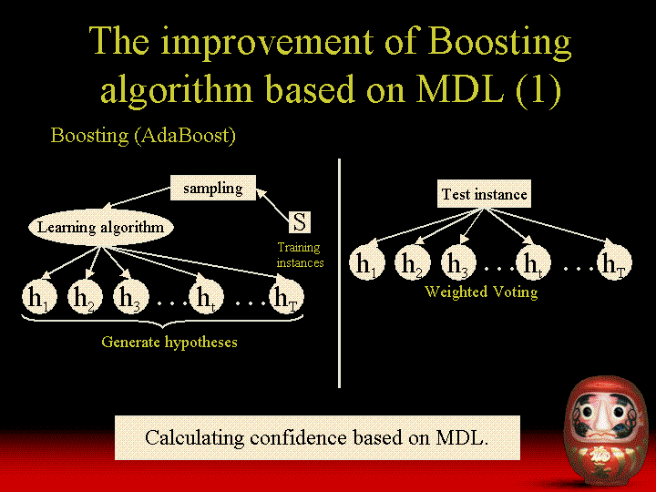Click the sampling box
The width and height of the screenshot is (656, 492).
(213, 188)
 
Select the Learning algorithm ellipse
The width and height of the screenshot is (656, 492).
(101, 227)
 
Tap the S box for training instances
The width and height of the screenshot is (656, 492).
(300, 221)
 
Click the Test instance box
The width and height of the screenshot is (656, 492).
(484, 194)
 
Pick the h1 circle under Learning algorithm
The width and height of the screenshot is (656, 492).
(39, 297)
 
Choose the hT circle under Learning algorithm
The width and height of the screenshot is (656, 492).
(287, 297)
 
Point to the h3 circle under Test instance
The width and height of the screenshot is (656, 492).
(459, 262)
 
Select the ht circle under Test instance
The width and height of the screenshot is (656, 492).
(533, 262)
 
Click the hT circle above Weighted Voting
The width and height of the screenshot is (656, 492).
(614, 262)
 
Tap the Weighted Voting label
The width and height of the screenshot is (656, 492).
(481, 292)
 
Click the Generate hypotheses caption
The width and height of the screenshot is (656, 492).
(169, 343)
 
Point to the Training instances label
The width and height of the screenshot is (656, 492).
(300, 255)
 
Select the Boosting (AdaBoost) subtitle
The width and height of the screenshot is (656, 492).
(143, 135)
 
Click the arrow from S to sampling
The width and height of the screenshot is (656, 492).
(272, 205)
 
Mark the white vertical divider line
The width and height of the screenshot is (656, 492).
(339, 273)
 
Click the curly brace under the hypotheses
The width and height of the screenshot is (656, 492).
(162, 321)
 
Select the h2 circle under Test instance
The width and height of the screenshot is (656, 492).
(413, 262)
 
